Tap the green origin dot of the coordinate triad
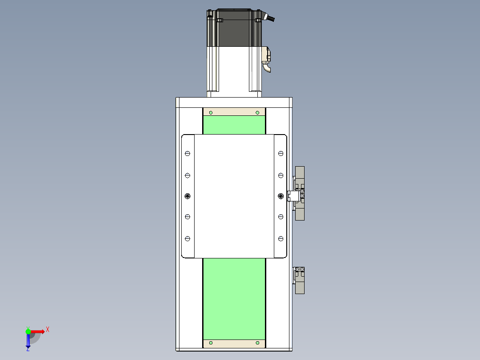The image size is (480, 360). (x=28, y=331)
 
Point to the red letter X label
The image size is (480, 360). (x=48, y=330)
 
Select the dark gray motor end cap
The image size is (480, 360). (x=234, y=28)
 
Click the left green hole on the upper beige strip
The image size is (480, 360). (x=211, y=113)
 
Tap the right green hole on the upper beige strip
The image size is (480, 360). (x=257, y=113)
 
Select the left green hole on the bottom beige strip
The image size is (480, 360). (x=211, y=343)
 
